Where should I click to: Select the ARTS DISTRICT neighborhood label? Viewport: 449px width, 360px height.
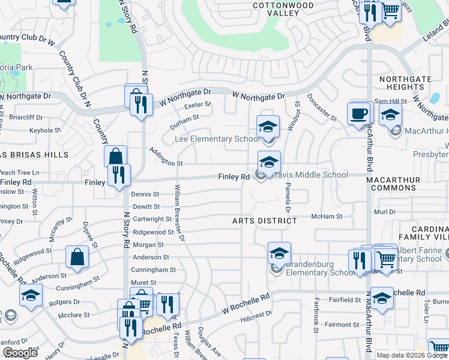(x=265, y=221)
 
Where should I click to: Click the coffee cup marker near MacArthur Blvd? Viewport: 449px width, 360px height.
(x=359, y=114)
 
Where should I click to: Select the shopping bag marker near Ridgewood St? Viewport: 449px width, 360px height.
(x=79, y=257)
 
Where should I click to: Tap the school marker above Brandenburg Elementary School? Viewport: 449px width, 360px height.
(x=279, y=254)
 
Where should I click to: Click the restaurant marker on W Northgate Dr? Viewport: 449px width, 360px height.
(x=141, y=106)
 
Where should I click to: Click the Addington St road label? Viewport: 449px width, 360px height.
(x=165, y=157)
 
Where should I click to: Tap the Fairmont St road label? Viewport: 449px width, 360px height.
(x=342, y=325)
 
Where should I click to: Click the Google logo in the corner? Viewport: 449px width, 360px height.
(x=20, y=353)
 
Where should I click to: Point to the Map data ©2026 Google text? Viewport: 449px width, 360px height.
(x=411, y=355)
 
